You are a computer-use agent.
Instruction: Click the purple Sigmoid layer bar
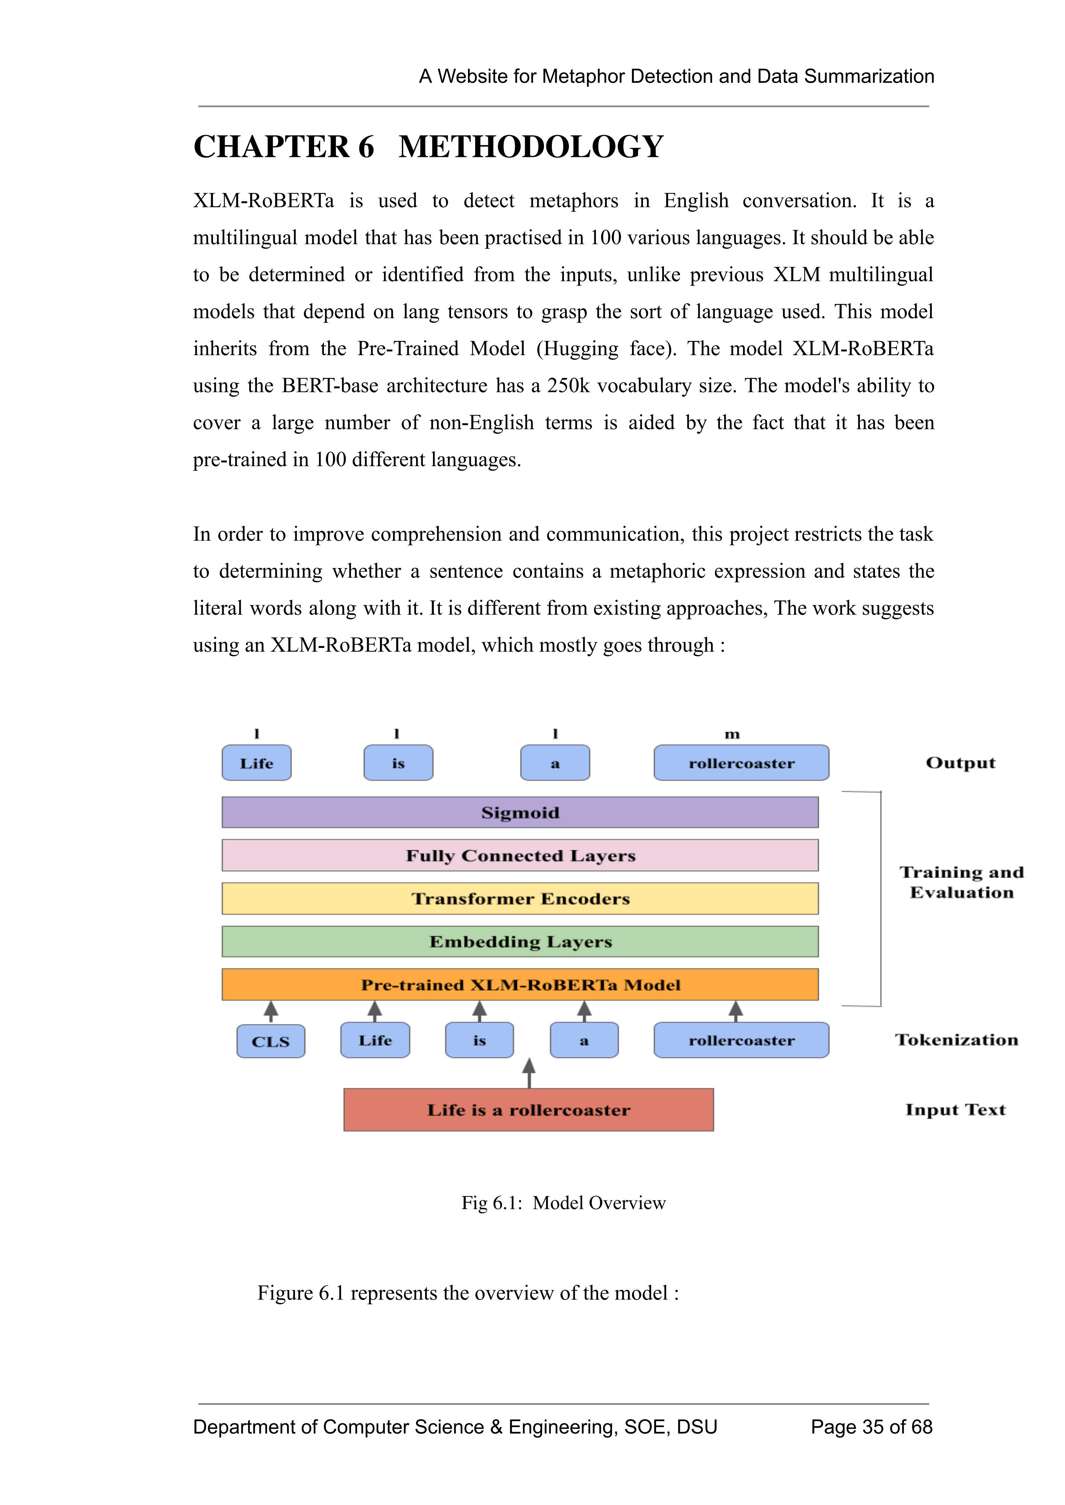click(x=520, y=812)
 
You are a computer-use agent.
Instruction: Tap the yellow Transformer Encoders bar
click(x=520, y=898)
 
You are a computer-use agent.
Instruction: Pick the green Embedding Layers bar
click(x=520, y=942)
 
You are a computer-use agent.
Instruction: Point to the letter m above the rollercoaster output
click(x=732, y=734)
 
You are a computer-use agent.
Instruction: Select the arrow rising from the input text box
click(x=529, y=1073)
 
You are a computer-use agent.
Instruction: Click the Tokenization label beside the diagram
click(x=956, y=1040)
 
